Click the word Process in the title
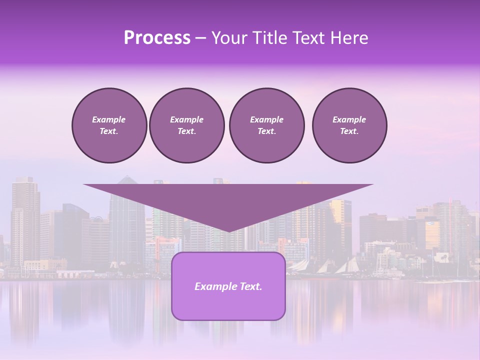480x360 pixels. [x=157, y=38]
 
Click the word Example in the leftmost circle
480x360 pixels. [x=109, y=119]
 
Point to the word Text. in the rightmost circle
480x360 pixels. [x=349, y=131]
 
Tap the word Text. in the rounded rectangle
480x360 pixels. [x=250, y=286]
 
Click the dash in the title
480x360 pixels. [x=200, y=38]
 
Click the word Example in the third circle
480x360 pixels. [x=266, y=119]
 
